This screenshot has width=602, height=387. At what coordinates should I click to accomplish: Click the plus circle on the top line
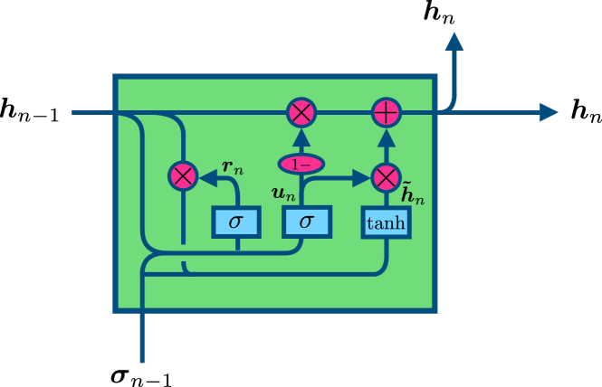coord(387,113)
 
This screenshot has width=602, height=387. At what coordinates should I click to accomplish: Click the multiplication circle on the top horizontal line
coord(301,113)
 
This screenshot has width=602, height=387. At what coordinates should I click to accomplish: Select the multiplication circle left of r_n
coord(183,176)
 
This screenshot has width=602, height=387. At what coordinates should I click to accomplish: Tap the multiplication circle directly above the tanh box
coord(387,177)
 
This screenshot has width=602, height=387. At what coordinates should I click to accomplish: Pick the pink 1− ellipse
coord(301,164)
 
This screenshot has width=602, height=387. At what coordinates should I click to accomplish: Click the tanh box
coord(387,222)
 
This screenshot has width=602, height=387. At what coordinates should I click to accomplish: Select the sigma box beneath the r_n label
coord(236,222)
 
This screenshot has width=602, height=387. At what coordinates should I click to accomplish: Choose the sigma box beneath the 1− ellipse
coord(307,222)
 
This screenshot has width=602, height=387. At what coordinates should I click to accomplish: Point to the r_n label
coord(233,167)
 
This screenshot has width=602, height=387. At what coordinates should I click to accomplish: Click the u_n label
coord(283,193)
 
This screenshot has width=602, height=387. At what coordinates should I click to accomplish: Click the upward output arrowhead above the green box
coord(454,41)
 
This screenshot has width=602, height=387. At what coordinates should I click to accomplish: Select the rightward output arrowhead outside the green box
coord(549,112)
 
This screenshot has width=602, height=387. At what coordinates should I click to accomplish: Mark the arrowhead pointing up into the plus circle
coord(387,137)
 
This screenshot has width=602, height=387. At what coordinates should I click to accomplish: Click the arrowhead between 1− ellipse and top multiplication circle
coord(301,138)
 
